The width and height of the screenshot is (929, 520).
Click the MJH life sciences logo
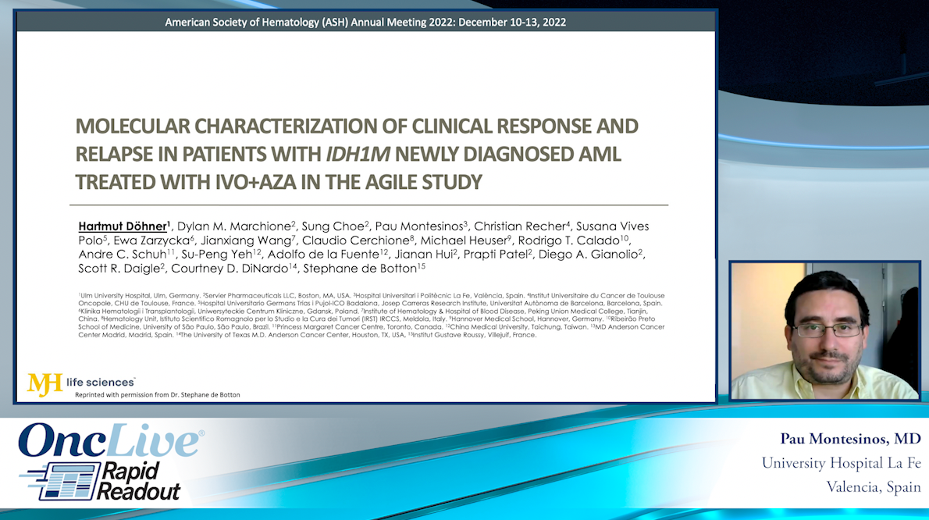81,383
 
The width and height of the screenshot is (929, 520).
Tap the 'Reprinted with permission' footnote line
158,395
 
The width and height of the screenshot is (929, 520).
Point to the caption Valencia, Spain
874,487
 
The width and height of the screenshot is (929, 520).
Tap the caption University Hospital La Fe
841,463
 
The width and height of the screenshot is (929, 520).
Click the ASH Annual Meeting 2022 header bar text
365,22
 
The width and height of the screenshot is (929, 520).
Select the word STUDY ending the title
448,182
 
